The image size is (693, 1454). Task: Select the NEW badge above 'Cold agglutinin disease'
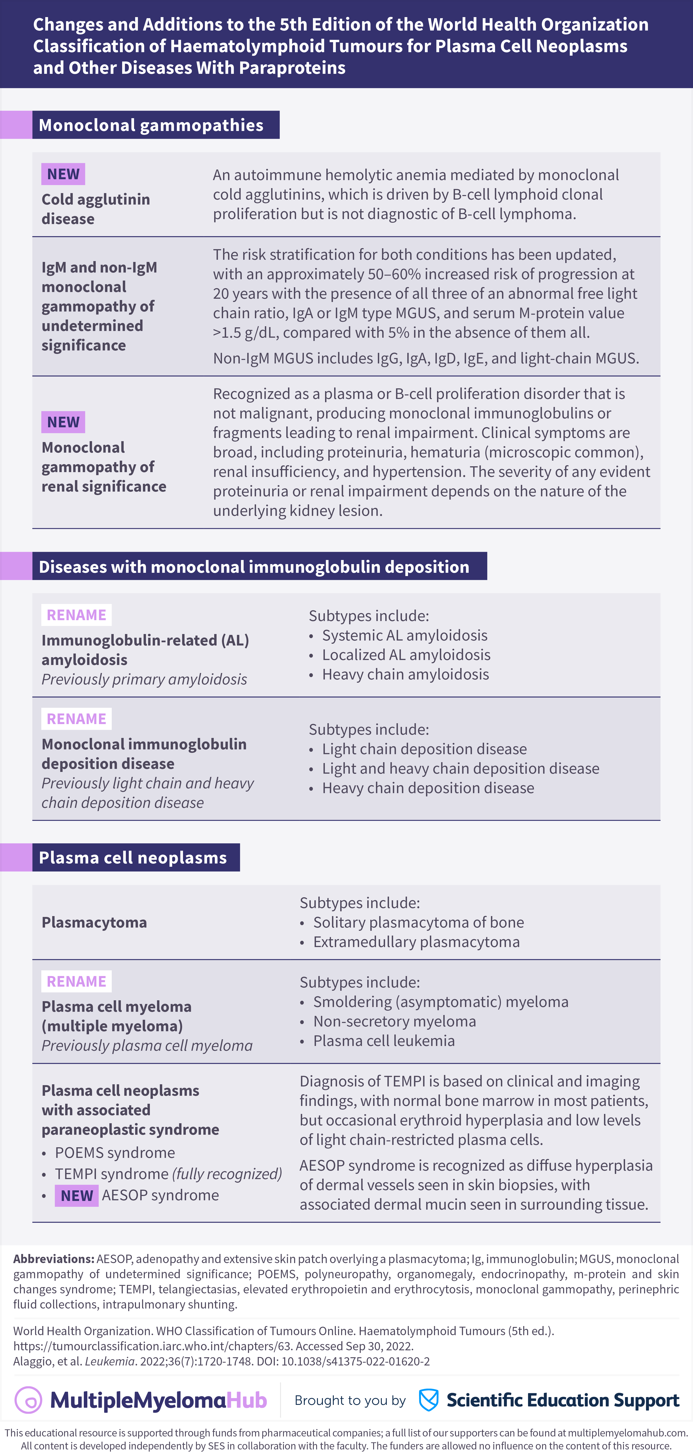63,174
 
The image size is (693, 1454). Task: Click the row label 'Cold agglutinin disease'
96,209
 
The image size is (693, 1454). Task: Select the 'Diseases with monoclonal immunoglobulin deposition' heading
254,567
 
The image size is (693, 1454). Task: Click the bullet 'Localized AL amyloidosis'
406,655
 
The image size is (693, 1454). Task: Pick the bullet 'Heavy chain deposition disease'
427,788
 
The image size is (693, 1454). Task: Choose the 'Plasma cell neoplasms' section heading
133,857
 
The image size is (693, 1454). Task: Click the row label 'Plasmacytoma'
94,922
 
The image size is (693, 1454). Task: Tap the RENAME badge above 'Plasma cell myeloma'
76,981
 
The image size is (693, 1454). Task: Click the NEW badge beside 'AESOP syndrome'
76,1196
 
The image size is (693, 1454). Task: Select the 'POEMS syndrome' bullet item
115,1153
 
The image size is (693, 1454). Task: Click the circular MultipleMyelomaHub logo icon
28,1400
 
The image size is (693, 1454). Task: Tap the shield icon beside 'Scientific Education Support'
429,1400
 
